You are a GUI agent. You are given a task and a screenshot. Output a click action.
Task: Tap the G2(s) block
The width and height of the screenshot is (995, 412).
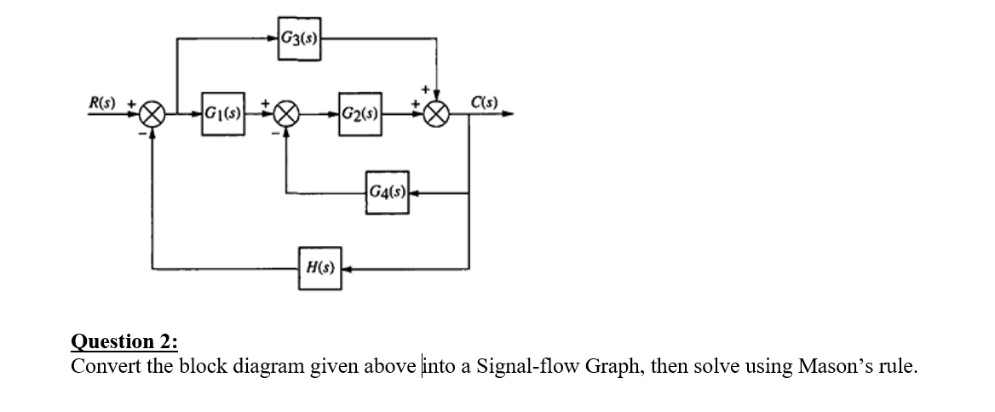359,113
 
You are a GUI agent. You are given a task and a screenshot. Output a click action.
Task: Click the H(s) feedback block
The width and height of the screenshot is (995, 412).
320,267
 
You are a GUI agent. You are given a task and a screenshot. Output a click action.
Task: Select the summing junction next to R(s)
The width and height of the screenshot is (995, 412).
152,114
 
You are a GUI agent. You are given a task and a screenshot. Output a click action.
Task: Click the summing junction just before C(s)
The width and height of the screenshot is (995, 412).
437,114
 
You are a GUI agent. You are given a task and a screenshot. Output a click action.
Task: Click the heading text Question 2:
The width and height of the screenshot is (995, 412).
124,342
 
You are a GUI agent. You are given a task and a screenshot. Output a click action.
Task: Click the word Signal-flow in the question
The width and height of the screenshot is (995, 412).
519,367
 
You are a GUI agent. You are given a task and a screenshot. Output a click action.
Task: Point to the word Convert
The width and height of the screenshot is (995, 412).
101,367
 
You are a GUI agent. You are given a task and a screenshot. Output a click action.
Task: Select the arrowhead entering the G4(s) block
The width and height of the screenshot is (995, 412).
416,193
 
